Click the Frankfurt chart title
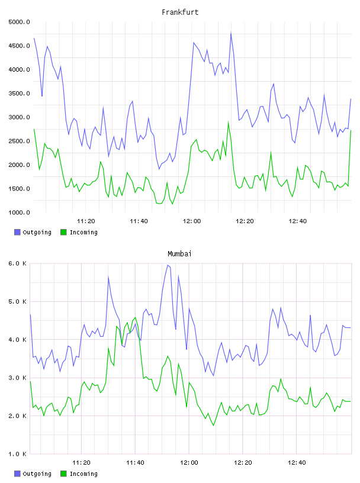point(180,12)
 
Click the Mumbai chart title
point(179,254)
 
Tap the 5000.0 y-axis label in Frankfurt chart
point(19,22)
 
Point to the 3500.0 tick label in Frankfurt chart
point(19,94)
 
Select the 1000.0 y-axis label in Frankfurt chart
point(19,212)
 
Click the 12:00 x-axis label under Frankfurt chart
point(192,221)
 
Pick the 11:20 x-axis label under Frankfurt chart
point(86,221)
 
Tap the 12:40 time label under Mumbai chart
point(297,462)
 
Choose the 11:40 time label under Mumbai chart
point(136,462)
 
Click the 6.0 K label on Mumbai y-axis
point(18,263)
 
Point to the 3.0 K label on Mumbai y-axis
point(18,378)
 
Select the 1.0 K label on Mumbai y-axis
point(18,454)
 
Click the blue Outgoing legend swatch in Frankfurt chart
point(17,232)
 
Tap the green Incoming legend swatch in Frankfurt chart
point(63,232)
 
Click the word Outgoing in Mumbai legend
point(37,474)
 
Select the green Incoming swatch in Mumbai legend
point(63,474)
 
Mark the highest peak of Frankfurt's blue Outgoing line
point(231,33)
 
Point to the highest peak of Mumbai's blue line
point(168,265)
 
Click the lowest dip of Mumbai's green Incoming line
point(214,426)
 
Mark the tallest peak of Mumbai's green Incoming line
point(136,317)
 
